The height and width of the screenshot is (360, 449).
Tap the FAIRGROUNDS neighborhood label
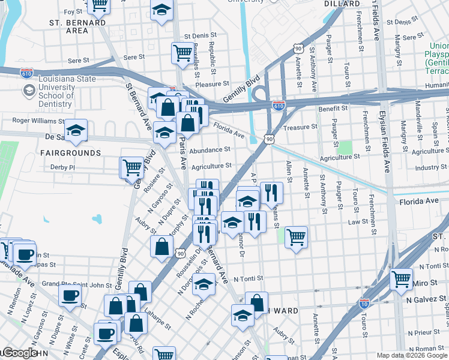(65, 153)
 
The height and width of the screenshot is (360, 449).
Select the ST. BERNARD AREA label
(77, 26)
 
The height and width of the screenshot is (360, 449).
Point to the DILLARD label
(342, 4)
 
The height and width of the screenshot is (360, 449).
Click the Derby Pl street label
(62, 167)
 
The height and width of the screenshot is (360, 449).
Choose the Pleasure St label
(212, 85)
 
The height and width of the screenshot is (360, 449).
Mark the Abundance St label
(210, 150)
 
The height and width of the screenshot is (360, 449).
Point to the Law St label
(358, 221)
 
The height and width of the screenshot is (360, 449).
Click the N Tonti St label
(249, 279)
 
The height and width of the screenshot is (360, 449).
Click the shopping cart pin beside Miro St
(401, 279)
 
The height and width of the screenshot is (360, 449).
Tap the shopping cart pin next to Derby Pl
(132, 167)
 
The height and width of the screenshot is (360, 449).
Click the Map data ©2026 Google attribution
(411, 355)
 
